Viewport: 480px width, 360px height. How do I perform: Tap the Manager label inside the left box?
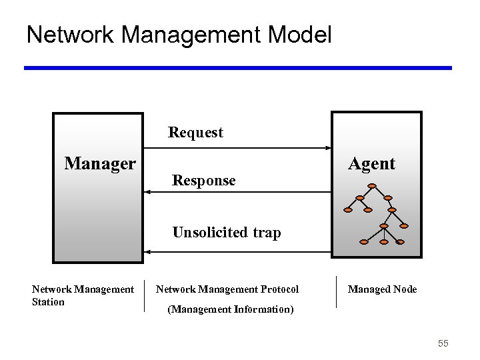100,163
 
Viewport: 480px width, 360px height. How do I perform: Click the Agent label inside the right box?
371,164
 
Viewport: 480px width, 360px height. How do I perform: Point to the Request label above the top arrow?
195,133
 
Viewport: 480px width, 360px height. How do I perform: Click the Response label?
203,181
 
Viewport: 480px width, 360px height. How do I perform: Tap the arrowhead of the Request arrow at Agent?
327,147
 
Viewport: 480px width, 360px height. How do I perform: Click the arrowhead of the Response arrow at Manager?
148,192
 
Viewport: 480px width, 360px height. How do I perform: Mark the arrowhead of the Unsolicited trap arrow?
148,252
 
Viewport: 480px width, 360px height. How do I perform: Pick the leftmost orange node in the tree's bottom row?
363,241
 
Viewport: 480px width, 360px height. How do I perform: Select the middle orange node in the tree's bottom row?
383,242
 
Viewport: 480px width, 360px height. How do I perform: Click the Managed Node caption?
382,289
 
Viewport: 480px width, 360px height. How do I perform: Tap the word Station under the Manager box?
48,302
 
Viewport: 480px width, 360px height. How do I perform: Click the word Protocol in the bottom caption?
279,289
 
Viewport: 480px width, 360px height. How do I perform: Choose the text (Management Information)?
230,309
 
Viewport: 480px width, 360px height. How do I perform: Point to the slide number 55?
443,343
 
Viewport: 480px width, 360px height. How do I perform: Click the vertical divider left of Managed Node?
336,292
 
